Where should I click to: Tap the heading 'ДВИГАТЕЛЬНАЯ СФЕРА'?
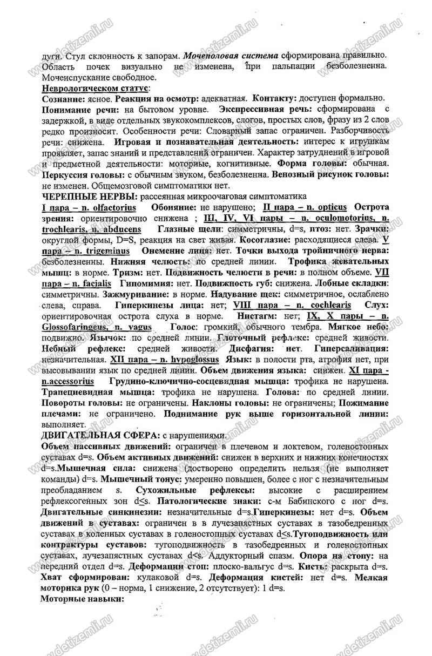[103, 435]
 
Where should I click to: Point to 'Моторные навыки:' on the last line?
[83, 599]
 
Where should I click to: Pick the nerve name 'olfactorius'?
[113, 208]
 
